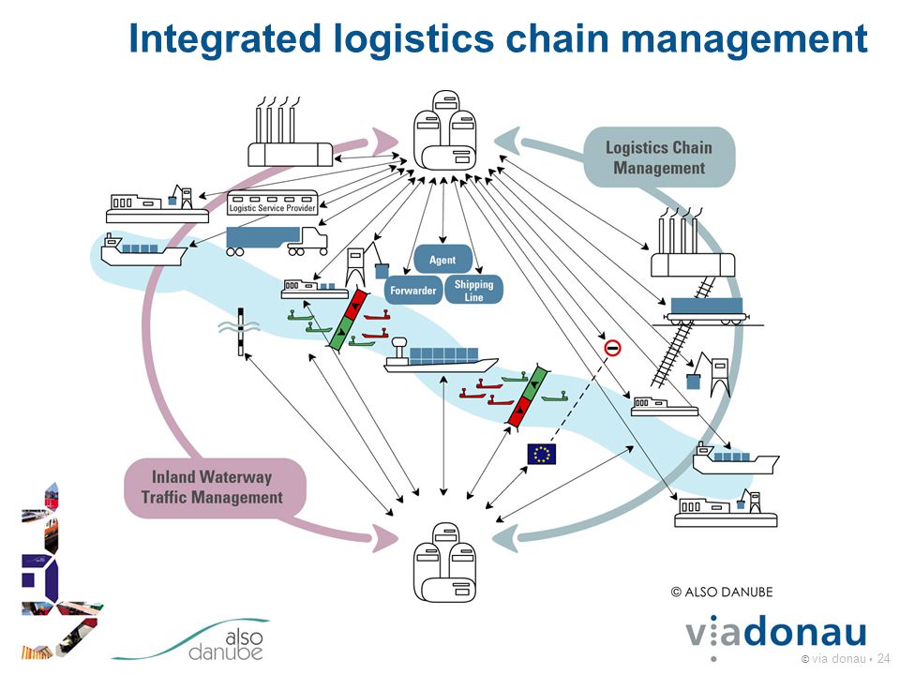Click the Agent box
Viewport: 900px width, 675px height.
442,260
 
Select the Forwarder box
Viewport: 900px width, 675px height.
413,290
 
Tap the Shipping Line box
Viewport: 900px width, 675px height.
473,290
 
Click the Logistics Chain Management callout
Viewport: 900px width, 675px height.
659,157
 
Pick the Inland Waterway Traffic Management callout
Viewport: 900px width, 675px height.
214,487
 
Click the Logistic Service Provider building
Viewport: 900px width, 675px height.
272,202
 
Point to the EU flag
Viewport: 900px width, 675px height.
541,454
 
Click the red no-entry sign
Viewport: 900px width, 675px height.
612,347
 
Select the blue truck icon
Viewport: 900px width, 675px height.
277,241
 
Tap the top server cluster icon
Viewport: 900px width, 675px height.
444,129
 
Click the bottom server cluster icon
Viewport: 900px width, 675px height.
444,562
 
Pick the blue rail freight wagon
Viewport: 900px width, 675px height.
707,310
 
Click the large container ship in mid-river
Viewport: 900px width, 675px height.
441,356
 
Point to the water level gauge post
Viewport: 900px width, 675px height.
241,331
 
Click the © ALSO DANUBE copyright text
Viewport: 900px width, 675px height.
722,592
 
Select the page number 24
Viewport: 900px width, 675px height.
883,658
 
